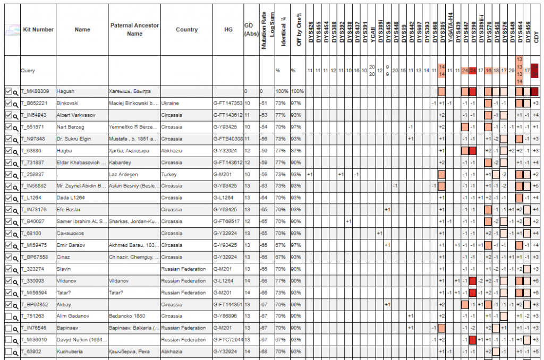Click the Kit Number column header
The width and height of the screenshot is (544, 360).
(x=38, y=30)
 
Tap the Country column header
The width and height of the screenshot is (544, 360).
(x=186, y=30)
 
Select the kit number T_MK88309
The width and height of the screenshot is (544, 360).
(x=35, y=91)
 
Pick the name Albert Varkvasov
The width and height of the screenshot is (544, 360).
(x=75, y=115)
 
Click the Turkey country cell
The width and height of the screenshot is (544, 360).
(x=169, y=174)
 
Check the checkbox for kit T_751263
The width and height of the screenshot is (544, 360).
(x=8, y=316)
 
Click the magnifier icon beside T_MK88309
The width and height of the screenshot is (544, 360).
(x=16, y=92)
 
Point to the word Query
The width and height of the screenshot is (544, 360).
(x=28, y=70)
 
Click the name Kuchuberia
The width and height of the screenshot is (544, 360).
(x=70, y=352)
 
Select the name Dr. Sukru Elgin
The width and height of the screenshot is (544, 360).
(x=74, y=139)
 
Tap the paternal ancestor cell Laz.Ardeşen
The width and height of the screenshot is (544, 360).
(x=124, y=174)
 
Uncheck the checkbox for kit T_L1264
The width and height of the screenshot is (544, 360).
(x=8, y=198)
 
